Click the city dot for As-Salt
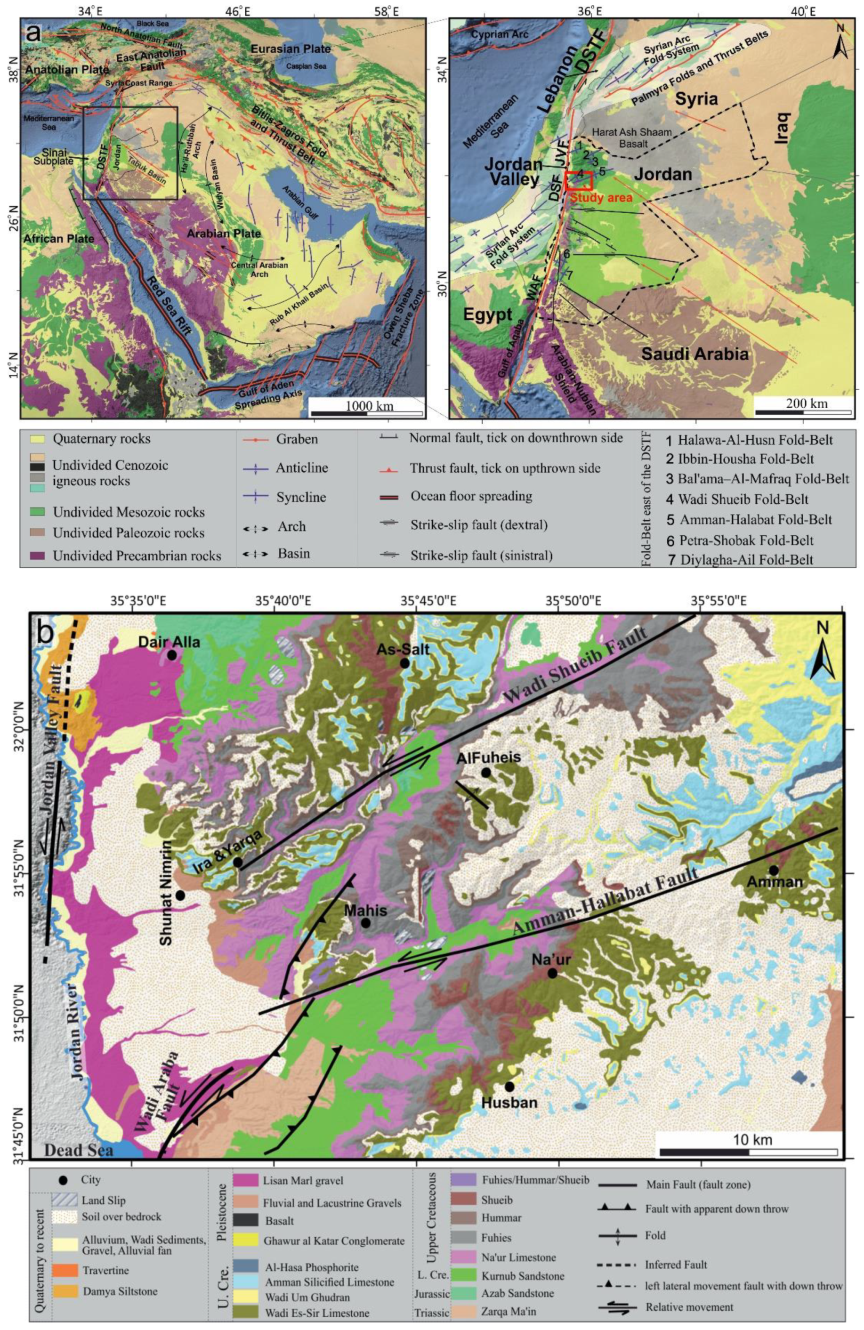pos(404,663)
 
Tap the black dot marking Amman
pos(774,870)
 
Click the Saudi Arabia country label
pos(694,353)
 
